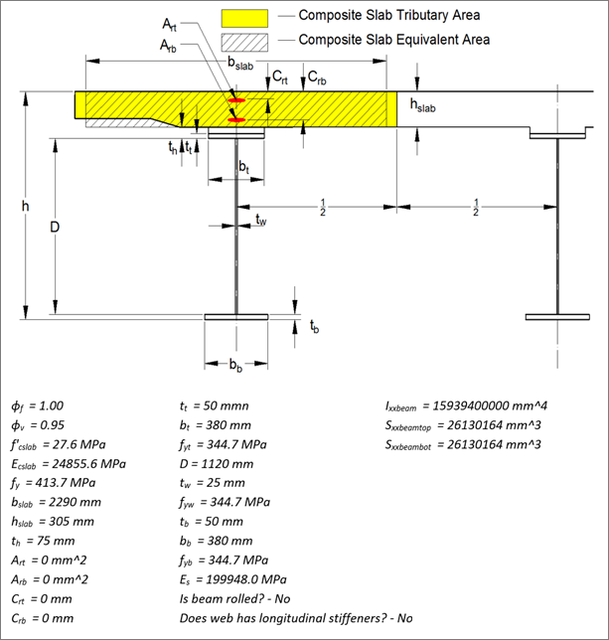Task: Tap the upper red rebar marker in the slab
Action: point(236,101)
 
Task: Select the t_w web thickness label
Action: point(260,221)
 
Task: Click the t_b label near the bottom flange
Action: point(313,326)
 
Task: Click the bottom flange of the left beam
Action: point(235,318)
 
